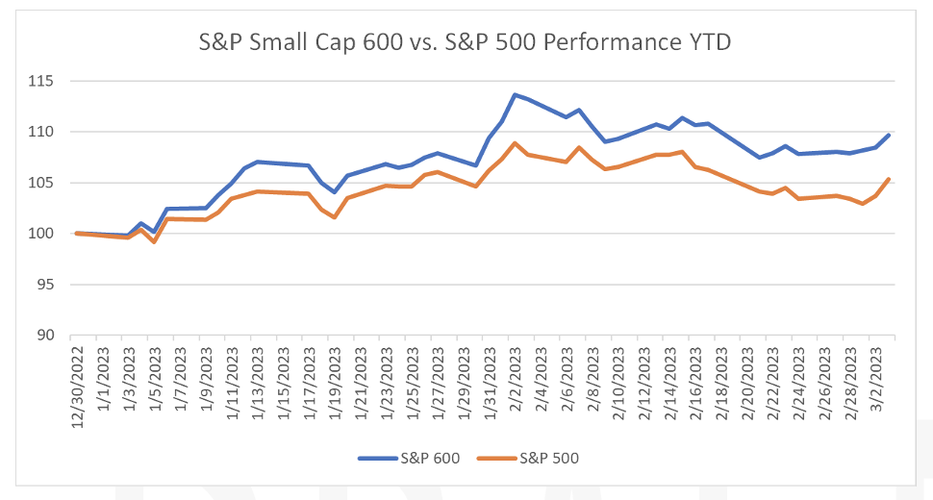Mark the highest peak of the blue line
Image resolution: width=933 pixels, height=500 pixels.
[516, 94]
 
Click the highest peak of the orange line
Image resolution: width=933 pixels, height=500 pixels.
[516, 143]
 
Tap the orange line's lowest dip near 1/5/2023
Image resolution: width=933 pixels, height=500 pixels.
[154, 241]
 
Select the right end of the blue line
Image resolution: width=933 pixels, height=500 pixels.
[888, 135]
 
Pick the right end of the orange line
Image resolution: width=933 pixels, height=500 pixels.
[888, 179]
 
